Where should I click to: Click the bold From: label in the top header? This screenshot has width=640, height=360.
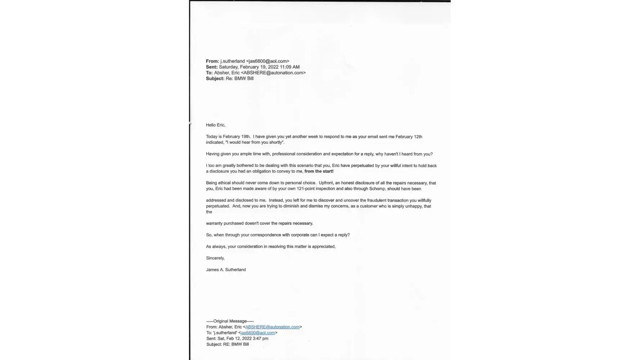click(212, 61)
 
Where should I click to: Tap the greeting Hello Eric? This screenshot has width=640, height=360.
click(216, 125)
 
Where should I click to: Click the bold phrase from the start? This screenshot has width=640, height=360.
click(319, 171)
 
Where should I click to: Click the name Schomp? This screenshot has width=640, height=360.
click(377, 189)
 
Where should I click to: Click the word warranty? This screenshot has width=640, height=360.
click(214, 223)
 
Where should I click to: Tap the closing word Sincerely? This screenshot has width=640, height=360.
click(215, 258)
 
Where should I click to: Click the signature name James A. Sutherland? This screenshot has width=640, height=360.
click(226, 270)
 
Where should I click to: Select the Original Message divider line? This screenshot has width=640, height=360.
click(230, 321)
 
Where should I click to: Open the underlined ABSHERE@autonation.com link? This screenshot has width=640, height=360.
click(272, 327)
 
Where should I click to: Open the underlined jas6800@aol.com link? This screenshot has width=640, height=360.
click(258, 333)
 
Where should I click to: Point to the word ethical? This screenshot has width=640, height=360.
click(224, 183)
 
